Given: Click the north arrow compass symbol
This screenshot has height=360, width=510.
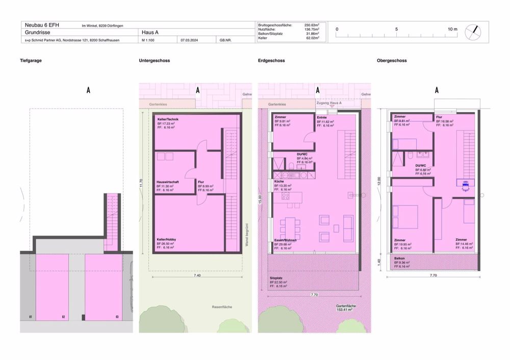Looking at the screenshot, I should click(x=476, y=31).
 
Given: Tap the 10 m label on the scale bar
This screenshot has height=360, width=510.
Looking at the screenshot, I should click(x=452, y=29).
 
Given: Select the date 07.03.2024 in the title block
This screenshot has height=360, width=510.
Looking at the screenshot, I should click(x=190, y=40).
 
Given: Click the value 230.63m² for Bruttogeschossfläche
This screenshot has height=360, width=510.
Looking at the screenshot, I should click(x=312, y=24).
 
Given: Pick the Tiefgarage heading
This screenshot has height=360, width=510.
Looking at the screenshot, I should click(x=31, y=61).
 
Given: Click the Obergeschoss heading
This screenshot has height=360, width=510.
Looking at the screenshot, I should click(x=392, y=61).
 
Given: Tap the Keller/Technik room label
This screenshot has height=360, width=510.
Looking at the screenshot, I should click(x=168, y=119).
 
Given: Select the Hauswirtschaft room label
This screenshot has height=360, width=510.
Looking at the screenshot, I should click(x=168, y=182).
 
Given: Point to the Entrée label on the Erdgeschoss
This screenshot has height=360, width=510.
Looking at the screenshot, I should click(x=322, y=117).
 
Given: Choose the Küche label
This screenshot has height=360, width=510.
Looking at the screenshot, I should click(x=279, y=182).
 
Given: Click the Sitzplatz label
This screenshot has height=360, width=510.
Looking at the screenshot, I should click(x=275, y=278).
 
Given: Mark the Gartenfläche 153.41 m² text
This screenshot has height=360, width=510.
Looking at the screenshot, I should click(x=345, y=307).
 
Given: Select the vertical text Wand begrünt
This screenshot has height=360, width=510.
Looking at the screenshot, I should click(x=246, y=234).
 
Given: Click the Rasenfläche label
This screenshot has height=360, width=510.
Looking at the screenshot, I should click(x=222, y=307).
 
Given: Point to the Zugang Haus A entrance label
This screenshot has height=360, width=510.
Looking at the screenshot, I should click(x=329, y=103).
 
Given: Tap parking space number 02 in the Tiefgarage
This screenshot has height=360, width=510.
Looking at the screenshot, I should click(x=63, y=318).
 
